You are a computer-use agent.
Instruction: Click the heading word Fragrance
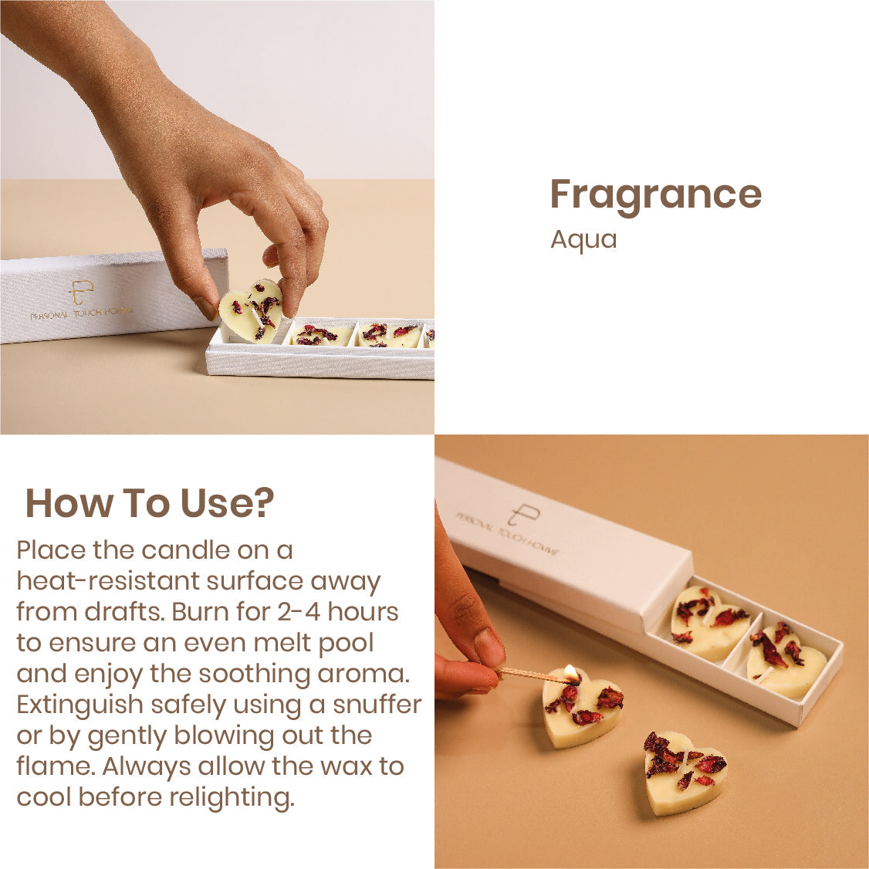[x=656, y=196]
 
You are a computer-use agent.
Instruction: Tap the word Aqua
[x=583, y=240]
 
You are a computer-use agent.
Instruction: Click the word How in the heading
[x=69, y=503]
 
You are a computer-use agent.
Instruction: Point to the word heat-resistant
[x=108, y=581]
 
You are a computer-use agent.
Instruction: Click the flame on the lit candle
[x=571, y=672]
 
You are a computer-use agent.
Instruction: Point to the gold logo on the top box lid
[x=81, y=292]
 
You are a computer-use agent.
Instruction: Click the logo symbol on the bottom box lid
[x=522, y=514]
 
